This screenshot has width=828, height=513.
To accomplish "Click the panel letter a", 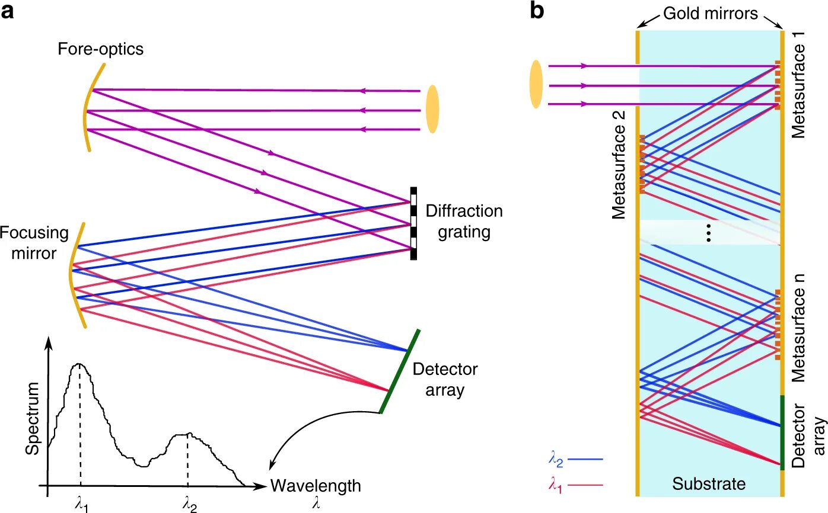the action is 7,12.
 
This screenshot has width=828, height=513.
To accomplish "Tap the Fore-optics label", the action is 101,49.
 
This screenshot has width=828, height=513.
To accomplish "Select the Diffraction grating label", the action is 464,222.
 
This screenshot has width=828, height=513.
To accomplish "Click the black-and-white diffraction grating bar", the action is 413,223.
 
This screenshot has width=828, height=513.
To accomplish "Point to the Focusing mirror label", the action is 34,243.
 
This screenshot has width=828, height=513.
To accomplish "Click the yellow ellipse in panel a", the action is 432,109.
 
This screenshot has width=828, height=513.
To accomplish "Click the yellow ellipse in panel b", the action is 536,84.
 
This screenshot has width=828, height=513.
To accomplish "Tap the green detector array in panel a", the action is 399,371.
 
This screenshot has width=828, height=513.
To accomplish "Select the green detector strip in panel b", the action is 782,432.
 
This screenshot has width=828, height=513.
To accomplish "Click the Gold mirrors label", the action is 710,14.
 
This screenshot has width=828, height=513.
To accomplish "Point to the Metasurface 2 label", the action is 619,165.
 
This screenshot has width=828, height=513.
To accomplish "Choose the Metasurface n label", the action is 798,328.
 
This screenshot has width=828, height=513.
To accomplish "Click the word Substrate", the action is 709,484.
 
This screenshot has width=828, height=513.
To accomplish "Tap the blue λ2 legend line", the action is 585,460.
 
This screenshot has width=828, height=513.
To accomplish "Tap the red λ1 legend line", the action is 585,485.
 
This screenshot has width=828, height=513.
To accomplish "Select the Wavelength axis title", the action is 316,486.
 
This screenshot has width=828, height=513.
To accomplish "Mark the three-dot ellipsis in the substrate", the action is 709,233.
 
